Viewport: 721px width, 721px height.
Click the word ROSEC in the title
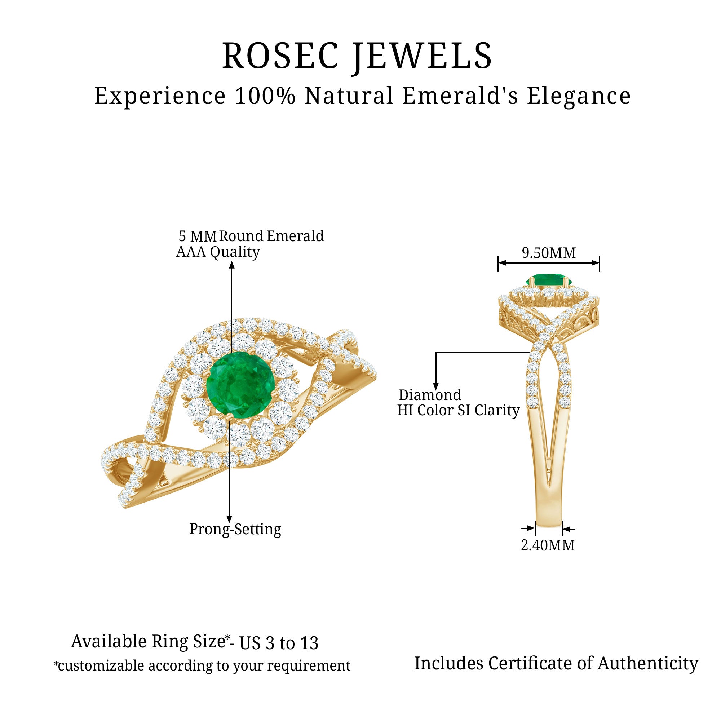tap(280, 56)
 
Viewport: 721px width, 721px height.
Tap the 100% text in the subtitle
tap(265, 96)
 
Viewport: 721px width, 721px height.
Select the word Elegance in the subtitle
tap(579, 97)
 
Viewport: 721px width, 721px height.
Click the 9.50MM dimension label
tap(549, 253)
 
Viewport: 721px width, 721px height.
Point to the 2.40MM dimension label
tap(548, 545)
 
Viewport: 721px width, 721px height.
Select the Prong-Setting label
tap(235, 529)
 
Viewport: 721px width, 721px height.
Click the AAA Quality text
tap(218, 252)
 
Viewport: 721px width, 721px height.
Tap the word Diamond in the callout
tap(430, 395)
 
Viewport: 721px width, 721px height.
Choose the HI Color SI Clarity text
tap(458, 410)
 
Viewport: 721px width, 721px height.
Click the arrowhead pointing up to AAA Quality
tap(232, 265)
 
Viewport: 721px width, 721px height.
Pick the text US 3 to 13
tap(279, 643)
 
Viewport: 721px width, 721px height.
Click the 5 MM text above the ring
tap(198, 236)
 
